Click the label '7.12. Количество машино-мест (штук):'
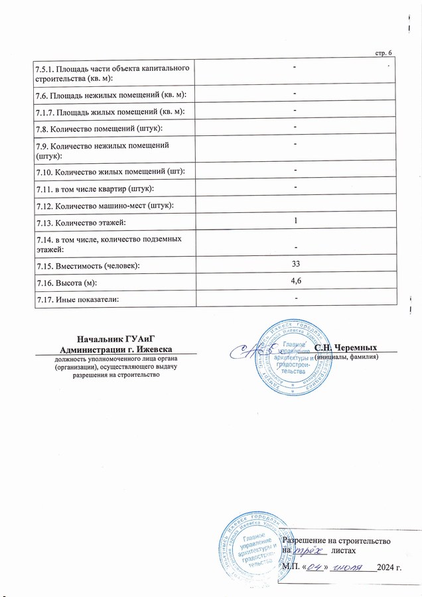96,205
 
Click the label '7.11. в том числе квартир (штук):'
88,189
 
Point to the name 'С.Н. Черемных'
346,347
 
